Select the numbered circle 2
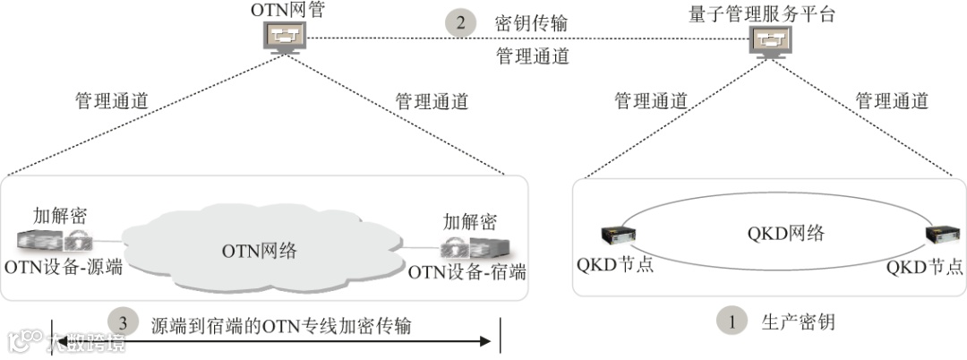[x=461, y=22]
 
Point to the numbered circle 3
[x=124, y=322]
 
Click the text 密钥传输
[x=531, y=22]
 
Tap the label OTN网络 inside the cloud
[x=259, y=251]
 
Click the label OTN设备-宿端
[x=466, y=271]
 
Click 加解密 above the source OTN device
[x=60, y=215]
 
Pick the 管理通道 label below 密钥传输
[x=532, y=56]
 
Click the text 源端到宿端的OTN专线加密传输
[x=281, y=324]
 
